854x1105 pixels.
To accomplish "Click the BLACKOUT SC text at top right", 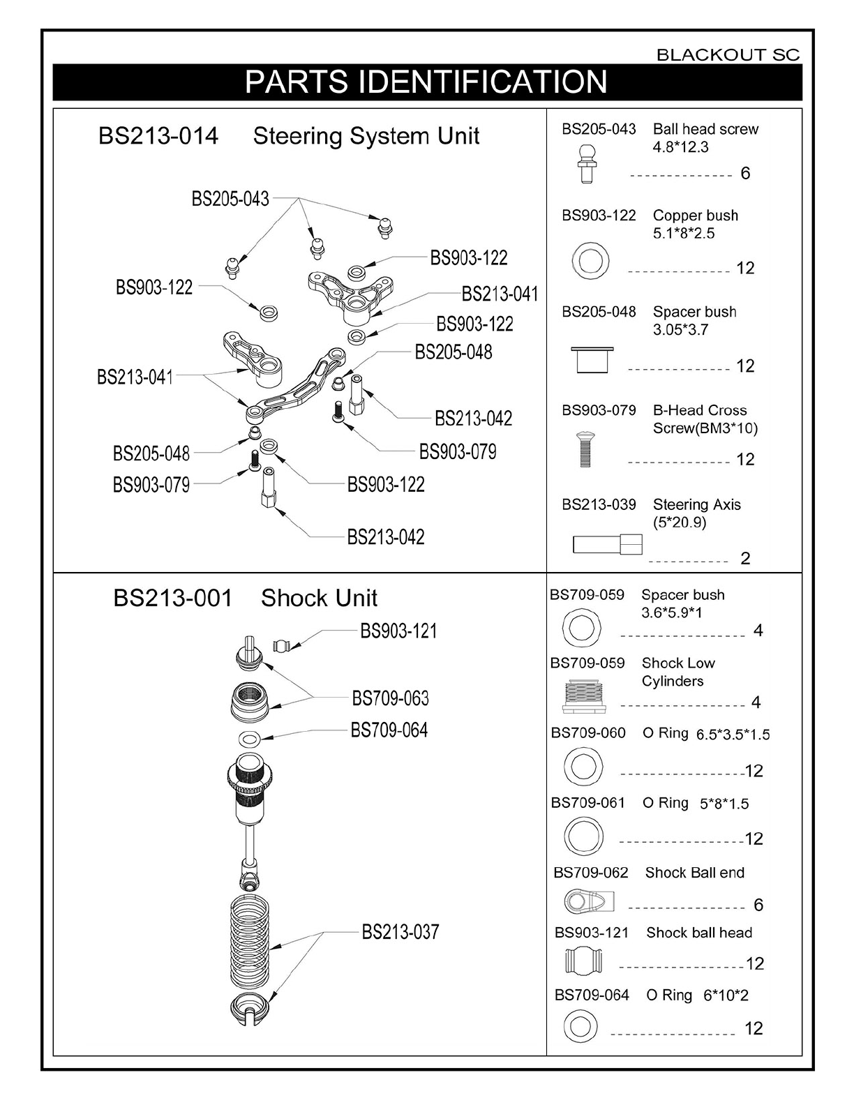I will point(728,55).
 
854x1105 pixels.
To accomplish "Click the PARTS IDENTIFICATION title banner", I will point(426,82).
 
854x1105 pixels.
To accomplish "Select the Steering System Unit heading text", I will point(366,135).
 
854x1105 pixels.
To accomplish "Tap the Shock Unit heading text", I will point(319,598).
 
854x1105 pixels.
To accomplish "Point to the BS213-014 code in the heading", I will point(158,135).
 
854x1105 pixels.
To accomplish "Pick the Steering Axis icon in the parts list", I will point(607,544).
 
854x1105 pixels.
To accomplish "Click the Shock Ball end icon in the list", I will point(590,901).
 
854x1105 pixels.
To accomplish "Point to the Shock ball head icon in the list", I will point(583,962).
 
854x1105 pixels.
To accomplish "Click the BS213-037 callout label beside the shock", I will point(400,931).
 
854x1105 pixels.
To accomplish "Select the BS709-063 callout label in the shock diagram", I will point(390,698).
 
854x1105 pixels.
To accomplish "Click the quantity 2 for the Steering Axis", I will point(745,558).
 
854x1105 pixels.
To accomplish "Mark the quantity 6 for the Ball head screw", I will point(745,173).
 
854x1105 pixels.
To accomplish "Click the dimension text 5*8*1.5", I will point(724,804).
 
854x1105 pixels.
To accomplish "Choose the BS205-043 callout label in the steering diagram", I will point(230,199).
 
